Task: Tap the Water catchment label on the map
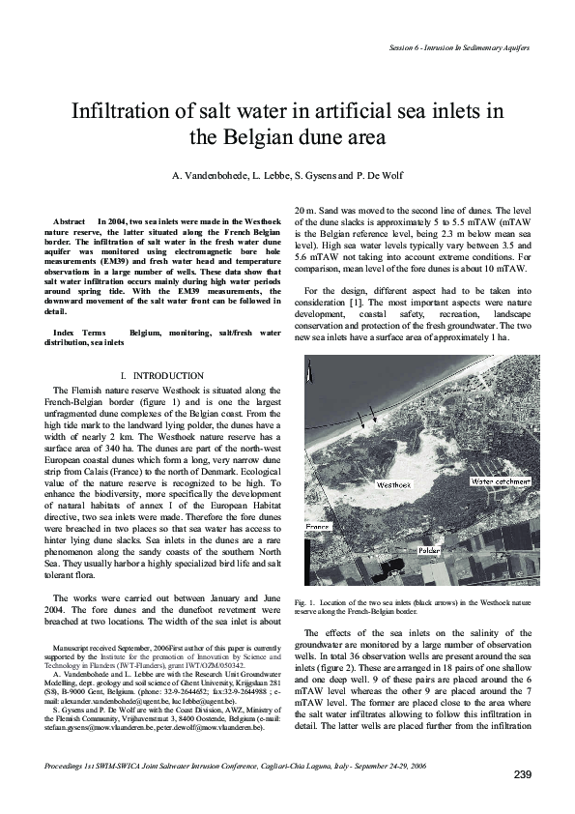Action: pos(502,480)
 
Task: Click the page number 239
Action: pos(522,776)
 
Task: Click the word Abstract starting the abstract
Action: pos(71,222)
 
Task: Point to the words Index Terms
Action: pos(79,333)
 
